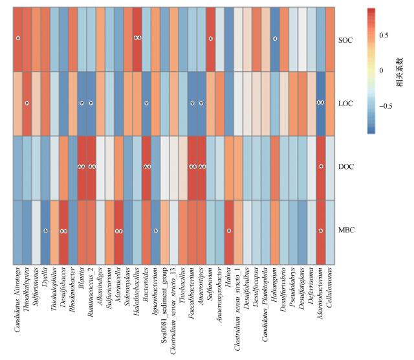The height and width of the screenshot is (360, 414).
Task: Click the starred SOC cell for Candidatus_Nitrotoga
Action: (x=18, y=39)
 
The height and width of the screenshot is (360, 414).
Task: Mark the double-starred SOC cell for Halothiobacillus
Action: (x=137, y=39)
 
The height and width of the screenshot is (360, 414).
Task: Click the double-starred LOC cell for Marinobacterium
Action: (x=321, y=103)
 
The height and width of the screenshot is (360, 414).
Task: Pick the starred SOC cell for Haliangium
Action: (x=275, y=39)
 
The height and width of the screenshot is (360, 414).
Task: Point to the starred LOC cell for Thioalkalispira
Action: (x=27, y=103)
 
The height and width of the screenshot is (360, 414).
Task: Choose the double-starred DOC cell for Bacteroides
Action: (x=146, y=167)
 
